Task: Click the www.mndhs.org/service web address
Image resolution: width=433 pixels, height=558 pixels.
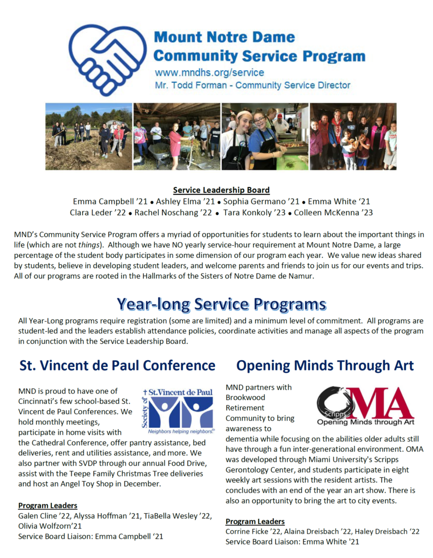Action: click(209, 72)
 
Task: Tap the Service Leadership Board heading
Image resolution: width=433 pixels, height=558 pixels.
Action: click(221, 190)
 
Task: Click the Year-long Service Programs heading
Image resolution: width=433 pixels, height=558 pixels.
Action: click(221, 304)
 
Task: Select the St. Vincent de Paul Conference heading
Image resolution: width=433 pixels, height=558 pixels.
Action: click(117, 365)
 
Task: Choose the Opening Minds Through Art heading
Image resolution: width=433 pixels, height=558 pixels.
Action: click(325, 365)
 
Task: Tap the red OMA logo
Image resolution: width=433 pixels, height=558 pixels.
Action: click(365, 406)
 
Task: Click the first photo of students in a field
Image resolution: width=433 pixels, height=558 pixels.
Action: click(88, 136)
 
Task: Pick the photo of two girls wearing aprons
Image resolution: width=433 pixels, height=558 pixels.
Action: click(264, 136)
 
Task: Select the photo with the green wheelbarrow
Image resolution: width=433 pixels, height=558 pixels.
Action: click(177, 136)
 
